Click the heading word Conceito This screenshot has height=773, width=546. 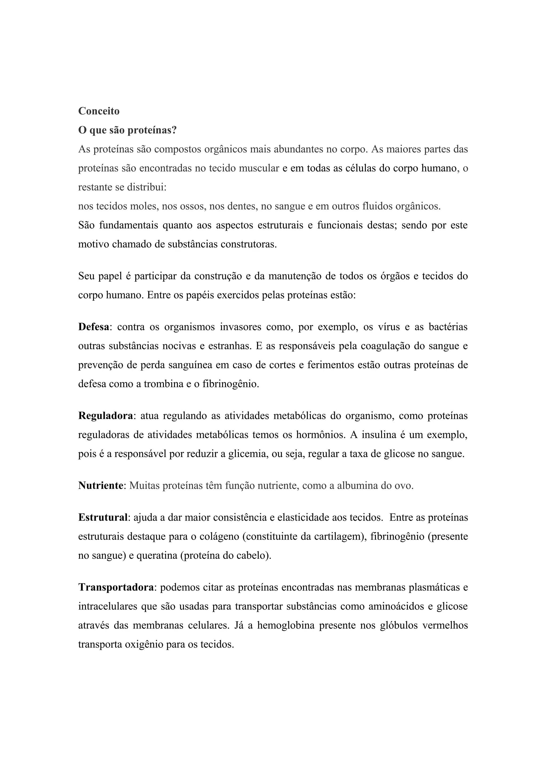[x=99, y=111]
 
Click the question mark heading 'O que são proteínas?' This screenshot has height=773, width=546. [x=127, y=130]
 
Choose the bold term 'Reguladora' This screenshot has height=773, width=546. [x=106, y=416]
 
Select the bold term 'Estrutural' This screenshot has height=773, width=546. [x=103, y=517]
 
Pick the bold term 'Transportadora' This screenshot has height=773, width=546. [x=116, y=587]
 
